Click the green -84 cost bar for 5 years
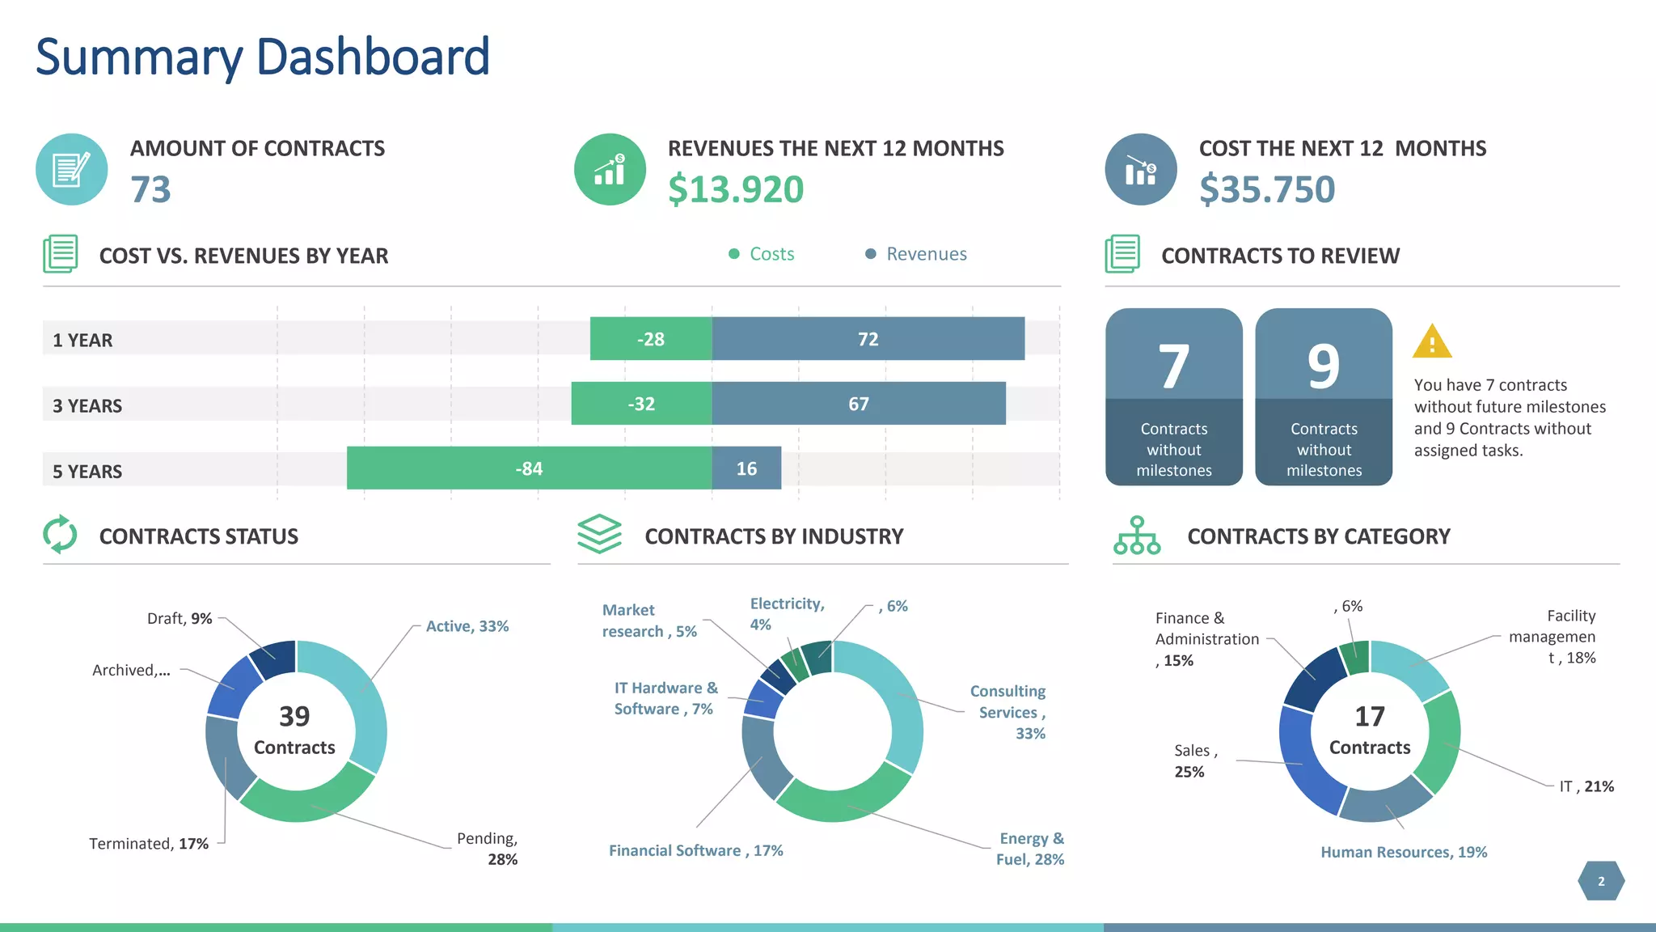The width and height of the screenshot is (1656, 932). [x=529, y=468]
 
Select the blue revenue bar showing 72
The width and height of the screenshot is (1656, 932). [x=868, y=339]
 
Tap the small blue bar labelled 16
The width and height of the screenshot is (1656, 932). [x=746, y=468]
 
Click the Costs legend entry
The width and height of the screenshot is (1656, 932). [x=762, y=254]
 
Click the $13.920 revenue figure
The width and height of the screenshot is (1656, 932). [x=736, y=189]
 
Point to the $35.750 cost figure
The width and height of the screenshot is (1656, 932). [x=1267, y=189]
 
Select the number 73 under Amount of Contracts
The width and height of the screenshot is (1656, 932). [x=151, y=189]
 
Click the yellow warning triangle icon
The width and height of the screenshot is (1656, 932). [x=1432, y=342]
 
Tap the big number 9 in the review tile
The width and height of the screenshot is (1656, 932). [x=1324, y=366]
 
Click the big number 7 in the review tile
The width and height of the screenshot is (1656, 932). [x=1173, y=366]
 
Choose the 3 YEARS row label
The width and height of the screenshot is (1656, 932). [x=87, y=405]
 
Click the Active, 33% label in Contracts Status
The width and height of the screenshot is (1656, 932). [x=467, y=626]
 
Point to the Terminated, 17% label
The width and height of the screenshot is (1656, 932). [x=149, y=844]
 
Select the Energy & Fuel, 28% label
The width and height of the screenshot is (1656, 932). [x=1030, y=849]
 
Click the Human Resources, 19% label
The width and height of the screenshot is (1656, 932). [x=1404, y=852]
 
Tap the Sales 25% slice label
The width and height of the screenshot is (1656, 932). [x=1192, y=760]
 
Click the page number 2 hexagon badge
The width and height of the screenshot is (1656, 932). [x=1601, y=881]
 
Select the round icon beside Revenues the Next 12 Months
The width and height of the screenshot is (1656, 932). [x=610, y=169]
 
